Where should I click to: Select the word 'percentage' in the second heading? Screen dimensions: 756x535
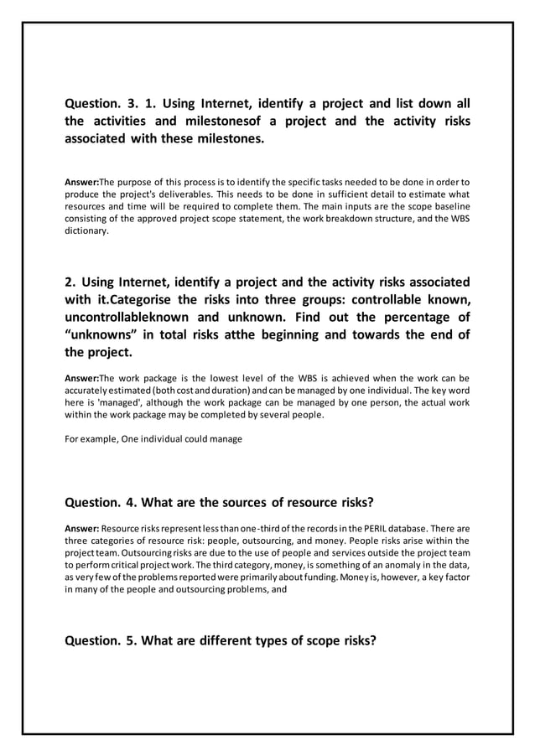pyautogui.click(x=396, y=318)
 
